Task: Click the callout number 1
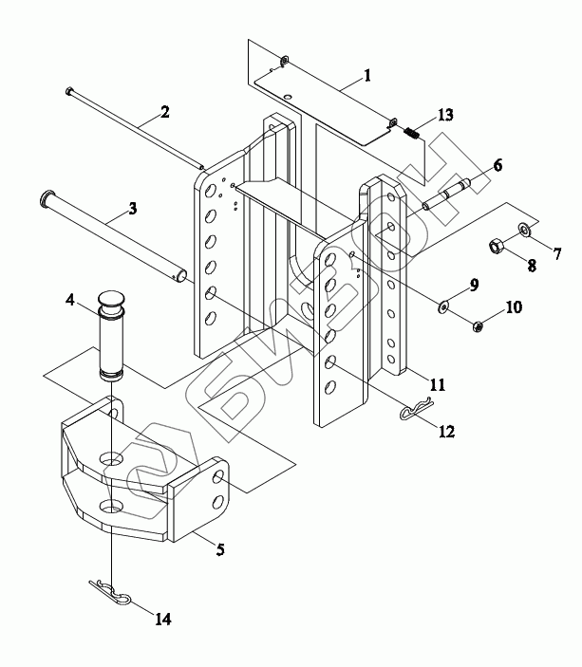click(367, 75)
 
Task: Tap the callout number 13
click(445, 115)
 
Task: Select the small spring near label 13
click(411, 133)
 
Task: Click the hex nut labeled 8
click(496, 246)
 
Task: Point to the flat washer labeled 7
click(524, 230)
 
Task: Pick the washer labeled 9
click(443, 306)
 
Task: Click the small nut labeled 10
click(478, 325)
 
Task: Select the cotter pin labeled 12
click(416, 408)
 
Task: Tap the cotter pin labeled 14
click(111, 592)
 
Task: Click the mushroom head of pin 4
click(111, 299)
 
